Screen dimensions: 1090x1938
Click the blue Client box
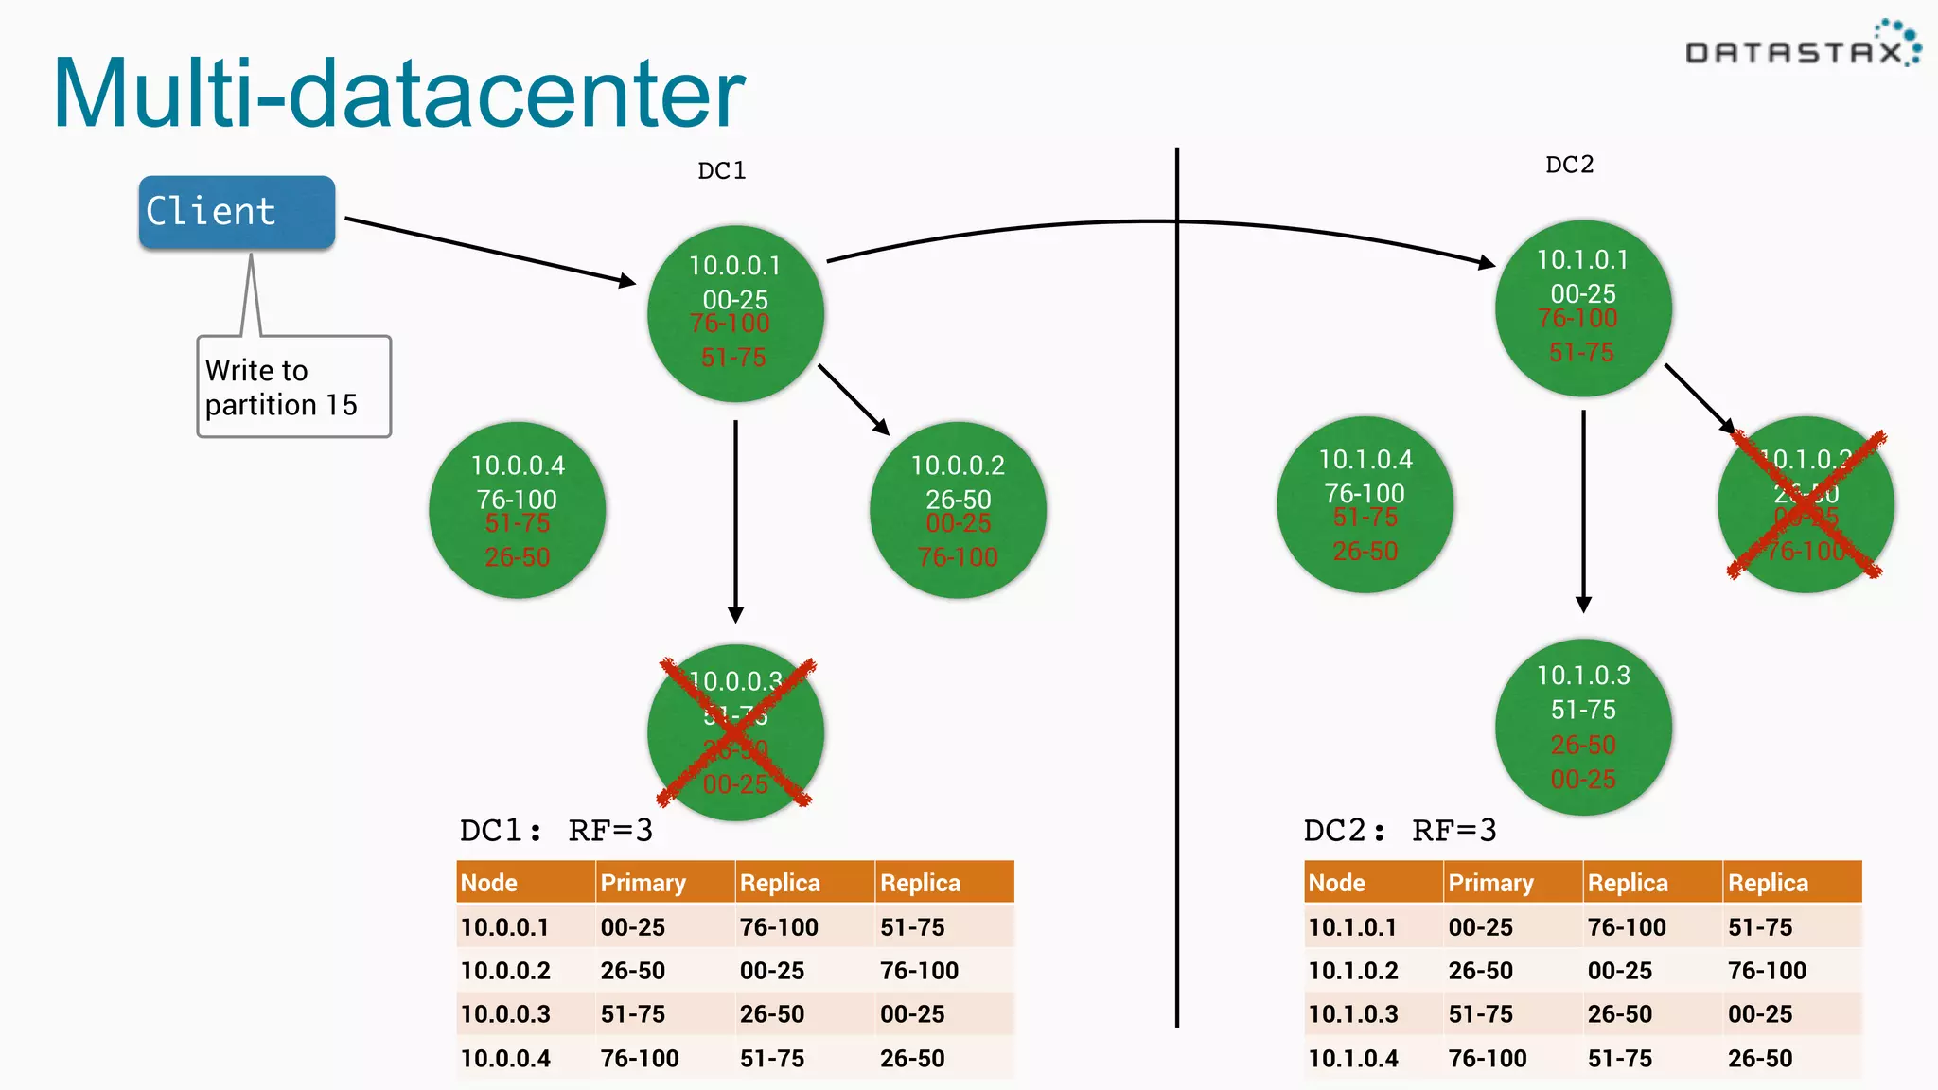(x=237, y=212)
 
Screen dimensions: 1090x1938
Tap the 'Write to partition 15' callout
(x=293, y=387)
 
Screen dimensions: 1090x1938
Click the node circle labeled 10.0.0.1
(x=735, y=313)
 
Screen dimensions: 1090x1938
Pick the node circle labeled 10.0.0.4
(x=518, y=510)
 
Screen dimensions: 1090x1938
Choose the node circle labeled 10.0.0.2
(x=958, y=510)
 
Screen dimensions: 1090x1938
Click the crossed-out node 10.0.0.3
(x=735, y=732)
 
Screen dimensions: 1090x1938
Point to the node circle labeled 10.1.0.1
(x=1583, y=308)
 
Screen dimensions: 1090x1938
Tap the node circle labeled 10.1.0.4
(x=1365, y=504)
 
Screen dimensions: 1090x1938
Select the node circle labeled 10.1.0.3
(x=1583, y=727)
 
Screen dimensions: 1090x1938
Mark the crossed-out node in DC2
(x=1806, y=504)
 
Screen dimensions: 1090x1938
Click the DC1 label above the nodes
(x=721, y=171)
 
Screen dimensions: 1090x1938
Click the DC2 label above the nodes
(x=1569, y=166)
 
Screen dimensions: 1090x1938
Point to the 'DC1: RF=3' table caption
(x=556, y=831)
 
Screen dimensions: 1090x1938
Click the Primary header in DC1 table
(x=643, y=883)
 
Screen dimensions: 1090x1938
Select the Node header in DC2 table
(x=1336, y=883)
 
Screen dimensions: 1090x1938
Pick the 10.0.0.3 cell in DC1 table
(x=505, y=1014)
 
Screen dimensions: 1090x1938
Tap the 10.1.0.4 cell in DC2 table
(x=1353, y=1059)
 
